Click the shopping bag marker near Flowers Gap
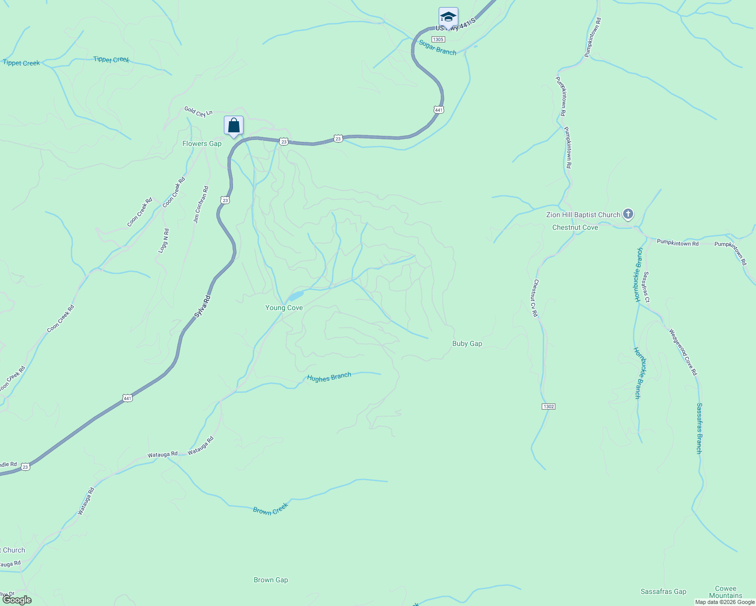233,125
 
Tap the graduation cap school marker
448,17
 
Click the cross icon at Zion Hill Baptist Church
628,214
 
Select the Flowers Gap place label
202,143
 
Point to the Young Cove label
284,308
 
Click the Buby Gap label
467,343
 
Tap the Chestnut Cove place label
575,227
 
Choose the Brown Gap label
271,580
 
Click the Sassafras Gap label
664,591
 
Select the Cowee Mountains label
726,592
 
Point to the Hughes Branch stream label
329,377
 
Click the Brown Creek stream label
270,509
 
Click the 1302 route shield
548,407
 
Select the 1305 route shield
438,39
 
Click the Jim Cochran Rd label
201,205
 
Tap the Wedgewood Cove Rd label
683,352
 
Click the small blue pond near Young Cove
296,295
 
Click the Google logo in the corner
16,600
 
